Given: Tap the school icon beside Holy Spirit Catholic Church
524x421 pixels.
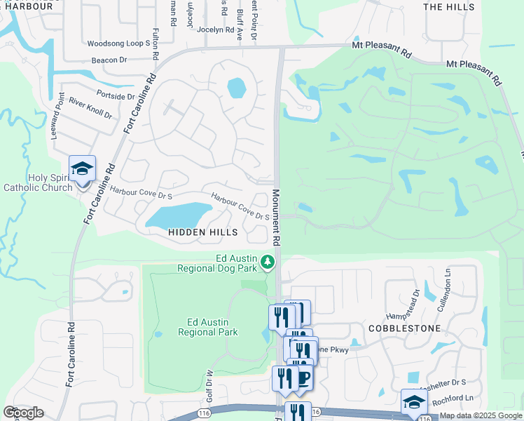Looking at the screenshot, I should (x=82, y=168).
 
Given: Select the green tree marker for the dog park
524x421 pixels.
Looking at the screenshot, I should (x=267, y=262).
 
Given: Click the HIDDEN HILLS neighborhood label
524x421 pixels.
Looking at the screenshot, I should (x=202, y=232).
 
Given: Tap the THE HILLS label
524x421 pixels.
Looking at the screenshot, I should (x=448, y=6).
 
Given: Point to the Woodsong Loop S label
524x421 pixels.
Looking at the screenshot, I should (x=119, y=44).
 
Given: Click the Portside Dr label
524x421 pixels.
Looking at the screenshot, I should (x=116, y=96).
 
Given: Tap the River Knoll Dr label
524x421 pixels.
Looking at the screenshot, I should (x=90, y=109).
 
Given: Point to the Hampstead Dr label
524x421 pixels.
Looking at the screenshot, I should (x=417, y=302).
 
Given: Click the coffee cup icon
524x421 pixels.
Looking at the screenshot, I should (x=303, y=378).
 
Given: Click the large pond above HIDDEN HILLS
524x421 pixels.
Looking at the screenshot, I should (x=179, y=215).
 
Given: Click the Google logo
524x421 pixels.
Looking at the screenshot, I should (x=24, y=413).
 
